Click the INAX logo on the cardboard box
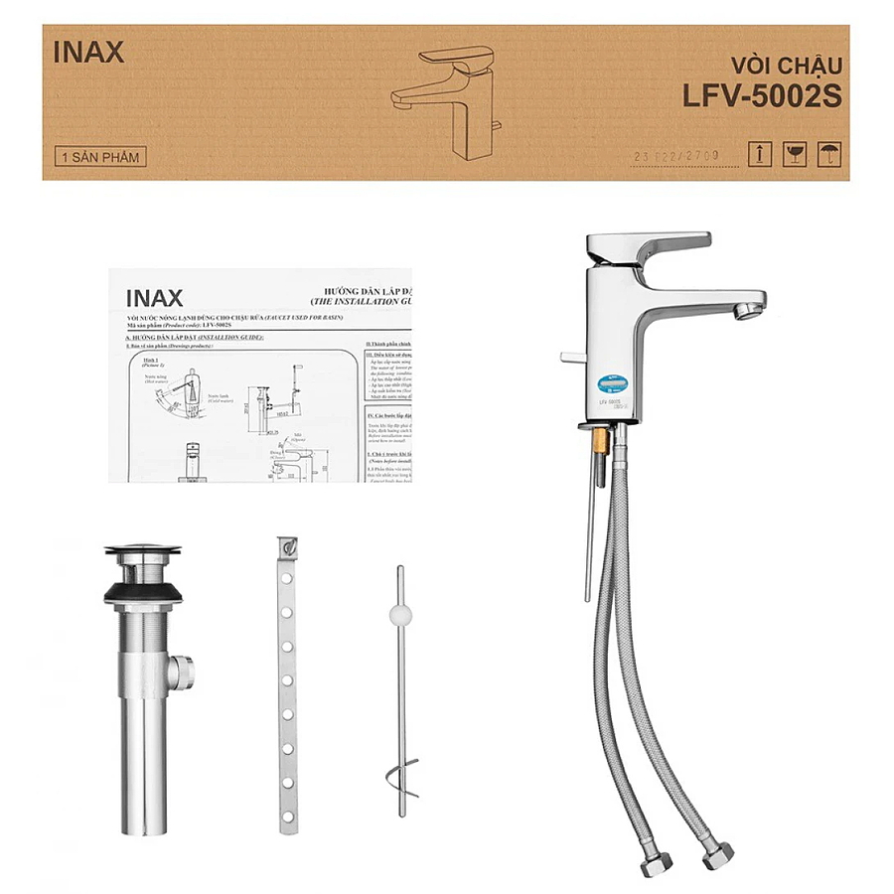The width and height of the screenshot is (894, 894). (88, 53)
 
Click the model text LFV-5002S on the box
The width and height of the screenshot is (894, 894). (762, 96)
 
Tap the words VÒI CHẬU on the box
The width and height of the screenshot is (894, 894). (786, 67)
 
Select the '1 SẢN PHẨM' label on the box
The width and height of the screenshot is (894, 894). (100, 157)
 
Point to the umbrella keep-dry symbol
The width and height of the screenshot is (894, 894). (825, 153)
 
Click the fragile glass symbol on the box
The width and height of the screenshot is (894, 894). (793, 153)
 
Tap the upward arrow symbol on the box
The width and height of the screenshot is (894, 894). (760, 153)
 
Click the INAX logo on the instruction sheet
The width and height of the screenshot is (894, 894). (154, 297)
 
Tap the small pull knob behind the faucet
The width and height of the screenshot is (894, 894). (566, 355)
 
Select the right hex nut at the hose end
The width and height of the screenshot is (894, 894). (718, 856)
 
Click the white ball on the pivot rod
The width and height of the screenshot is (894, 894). (400, 613)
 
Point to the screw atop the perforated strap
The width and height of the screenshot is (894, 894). (289, 546)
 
